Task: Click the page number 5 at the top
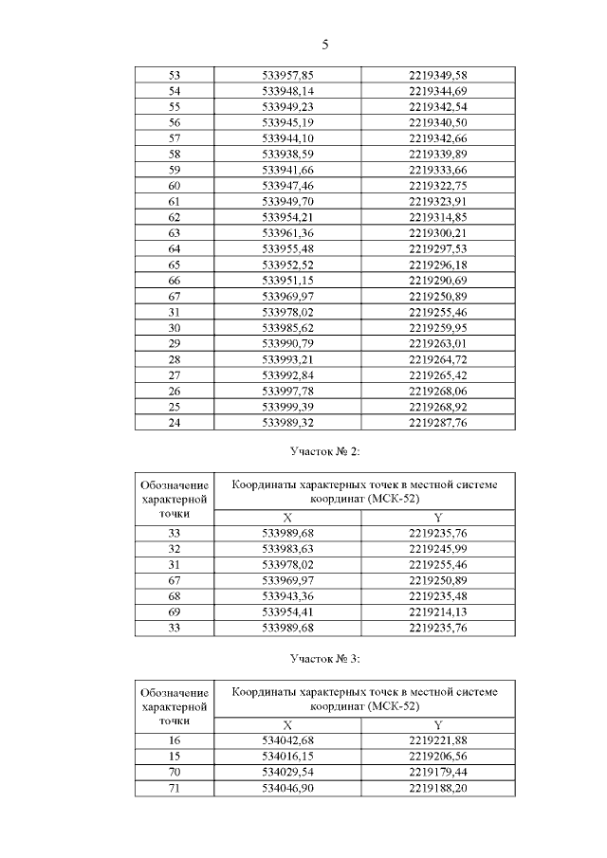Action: [x=325, y=44]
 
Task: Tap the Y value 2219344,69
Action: [x=437, y=90]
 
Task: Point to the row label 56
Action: [x=174, y=122]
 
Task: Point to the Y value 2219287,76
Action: [x=437, y=424]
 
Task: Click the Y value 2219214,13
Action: [x=437, y=612]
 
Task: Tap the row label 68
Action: [x=174, y=596]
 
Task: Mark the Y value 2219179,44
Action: [x=437, y=772]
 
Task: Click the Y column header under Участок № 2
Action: [x=437, y=518]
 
